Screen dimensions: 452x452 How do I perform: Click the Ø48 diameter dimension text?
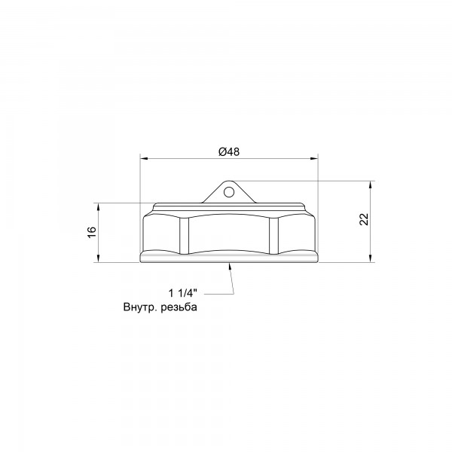[228, 151]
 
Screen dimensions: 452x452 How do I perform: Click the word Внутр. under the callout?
[142, 307]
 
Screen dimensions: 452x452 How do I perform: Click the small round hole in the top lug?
[228, 192]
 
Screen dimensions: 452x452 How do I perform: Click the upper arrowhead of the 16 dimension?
[99, 206]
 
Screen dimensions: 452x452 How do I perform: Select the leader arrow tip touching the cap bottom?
[229, 264]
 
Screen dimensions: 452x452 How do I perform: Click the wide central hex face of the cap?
[228, 234]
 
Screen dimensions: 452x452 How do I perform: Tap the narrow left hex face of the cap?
[163, 235]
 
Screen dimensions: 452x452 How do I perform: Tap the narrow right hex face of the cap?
[294, 235]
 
